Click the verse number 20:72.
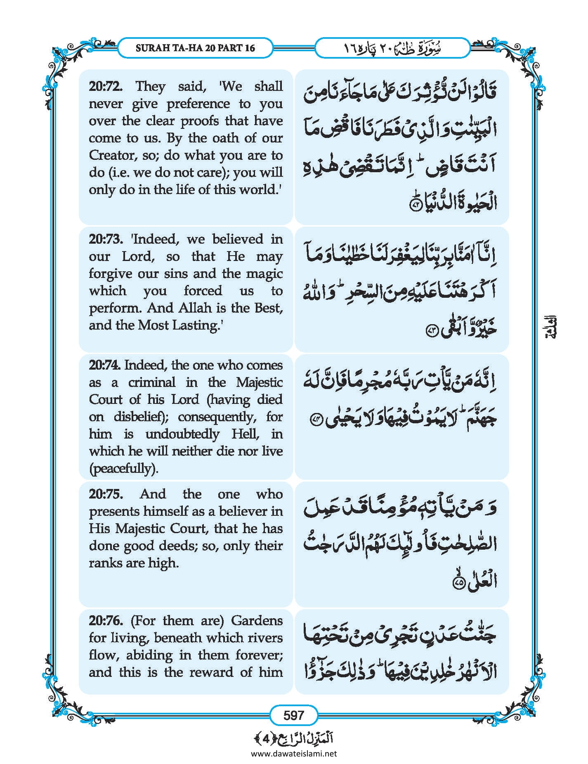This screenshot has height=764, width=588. pos(106,87)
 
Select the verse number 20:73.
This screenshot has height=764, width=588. pos(106,240)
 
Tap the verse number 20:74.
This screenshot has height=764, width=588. pos(105,365)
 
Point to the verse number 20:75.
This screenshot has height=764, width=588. pos(106,494)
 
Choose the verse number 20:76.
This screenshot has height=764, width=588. pos(106,621)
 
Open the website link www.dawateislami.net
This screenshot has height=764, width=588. pos(294,754)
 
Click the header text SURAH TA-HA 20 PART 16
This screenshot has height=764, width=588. pos(195,48)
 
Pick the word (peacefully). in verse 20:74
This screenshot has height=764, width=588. pos(123,469)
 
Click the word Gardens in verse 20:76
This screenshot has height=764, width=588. pos(257,621)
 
